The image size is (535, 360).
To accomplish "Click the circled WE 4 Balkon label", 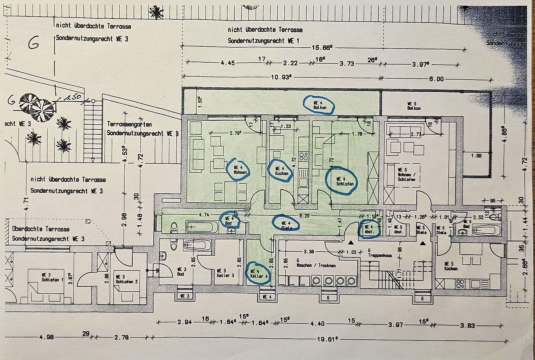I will [319, 105].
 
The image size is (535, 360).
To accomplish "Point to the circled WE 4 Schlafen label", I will [344, 181].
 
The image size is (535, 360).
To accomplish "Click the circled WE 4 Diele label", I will [286, 225].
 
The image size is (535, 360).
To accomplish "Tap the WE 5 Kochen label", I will [451, 266].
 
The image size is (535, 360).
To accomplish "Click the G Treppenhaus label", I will [379, 253].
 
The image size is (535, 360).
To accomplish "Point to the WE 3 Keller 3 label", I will [225, 273].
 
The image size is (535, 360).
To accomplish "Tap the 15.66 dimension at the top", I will [322, 48].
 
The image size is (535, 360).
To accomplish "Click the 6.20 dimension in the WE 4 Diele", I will [304, 216].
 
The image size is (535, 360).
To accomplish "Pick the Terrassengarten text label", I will [129, 124].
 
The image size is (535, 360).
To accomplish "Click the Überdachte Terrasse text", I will [41, 229].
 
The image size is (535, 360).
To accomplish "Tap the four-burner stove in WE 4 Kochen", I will [303, 156].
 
